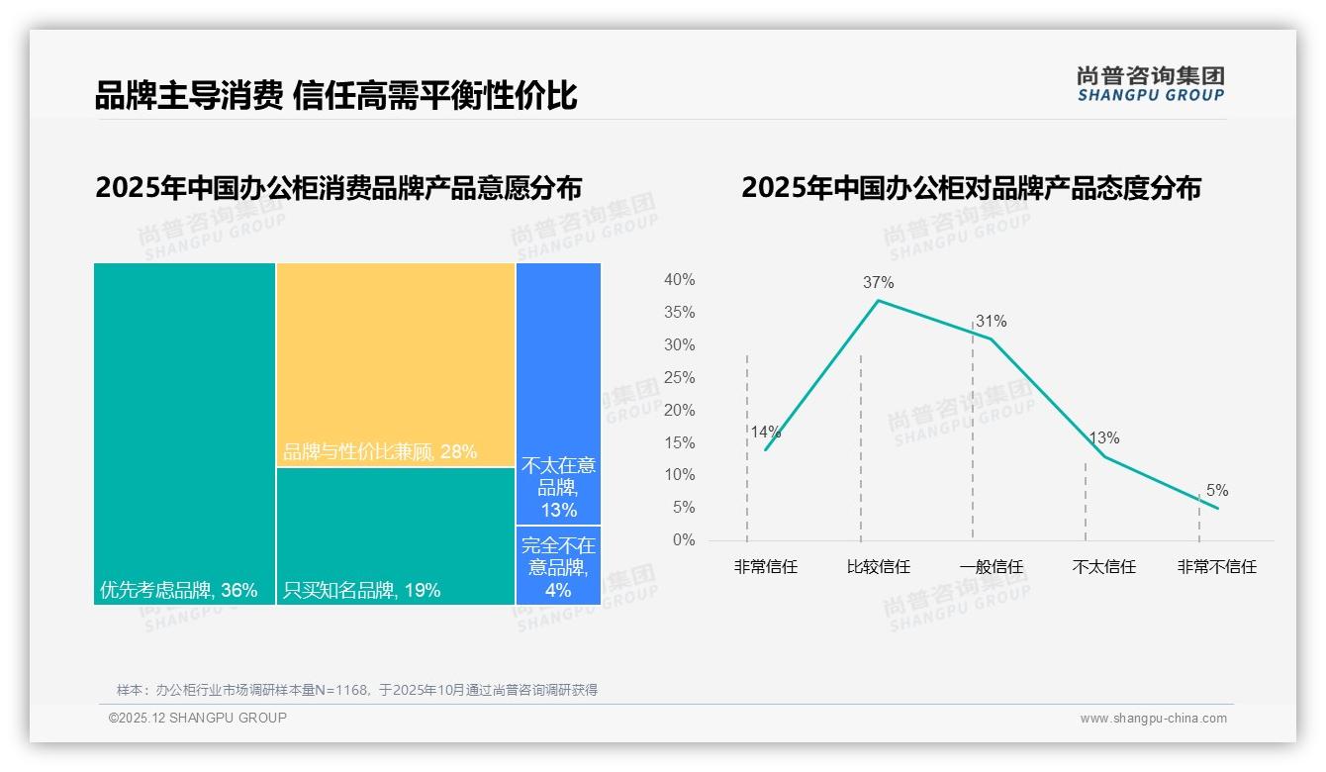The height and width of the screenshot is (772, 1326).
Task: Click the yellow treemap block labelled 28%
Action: coord(396,364)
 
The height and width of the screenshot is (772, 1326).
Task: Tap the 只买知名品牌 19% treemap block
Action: coord(396,535)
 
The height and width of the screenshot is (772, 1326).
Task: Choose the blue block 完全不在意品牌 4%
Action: coord(558,565)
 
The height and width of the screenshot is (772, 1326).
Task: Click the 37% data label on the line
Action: coord(878,282)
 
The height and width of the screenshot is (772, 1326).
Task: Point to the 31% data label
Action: coord(991,321)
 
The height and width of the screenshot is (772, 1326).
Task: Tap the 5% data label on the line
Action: coord(1216,491)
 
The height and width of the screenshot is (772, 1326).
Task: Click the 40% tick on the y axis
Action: coord(679,280)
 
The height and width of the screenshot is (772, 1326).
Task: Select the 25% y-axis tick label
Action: coord(679,377)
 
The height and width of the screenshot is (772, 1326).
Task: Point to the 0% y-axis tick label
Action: coord(683,540)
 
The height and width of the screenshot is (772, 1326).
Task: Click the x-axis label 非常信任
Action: coord(765,567)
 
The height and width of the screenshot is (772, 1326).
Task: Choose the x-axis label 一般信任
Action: coord(991,567)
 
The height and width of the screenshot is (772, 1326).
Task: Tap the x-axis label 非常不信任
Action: coord(1216,567)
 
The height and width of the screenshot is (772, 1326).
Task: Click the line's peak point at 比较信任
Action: coord(878,300)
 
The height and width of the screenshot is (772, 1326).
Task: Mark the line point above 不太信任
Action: coord(1104,456)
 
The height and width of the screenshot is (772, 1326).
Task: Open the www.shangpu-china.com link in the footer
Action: coord(1153,719)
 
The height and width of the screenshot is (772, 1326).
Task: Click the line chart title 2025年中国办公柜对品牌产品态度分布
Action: coord(971,188)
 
